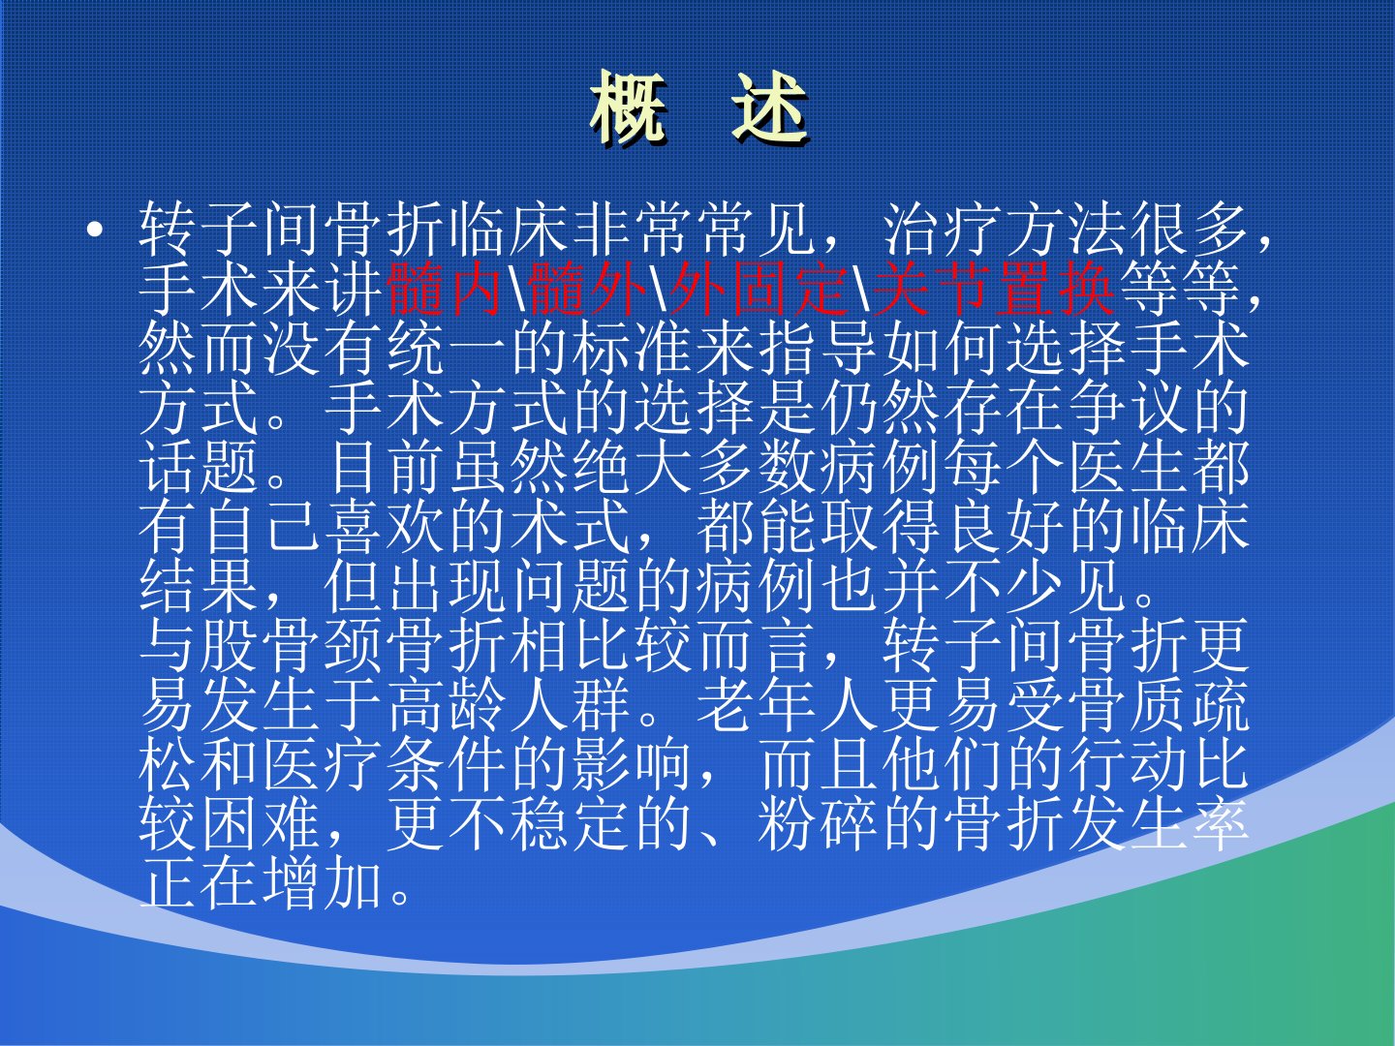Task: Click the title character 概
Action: pos(629,108)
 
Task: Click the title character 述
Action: pos(769,108)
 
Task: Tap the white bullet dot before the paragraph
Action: pos(95,231)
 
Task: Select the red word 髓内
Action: pos(448,289)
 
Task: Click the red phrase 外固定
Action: pos(759,289)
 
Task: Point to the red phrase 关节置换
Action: pos(993,289)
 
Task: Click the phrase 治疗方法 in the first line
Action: pos(1006,230)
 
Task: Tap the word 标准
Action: pos(633,350)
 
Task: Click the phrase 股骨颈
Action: pos(293,649)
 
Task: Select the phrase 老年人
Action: pos(788,708)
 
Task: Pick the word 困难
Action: pos(262,828)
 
